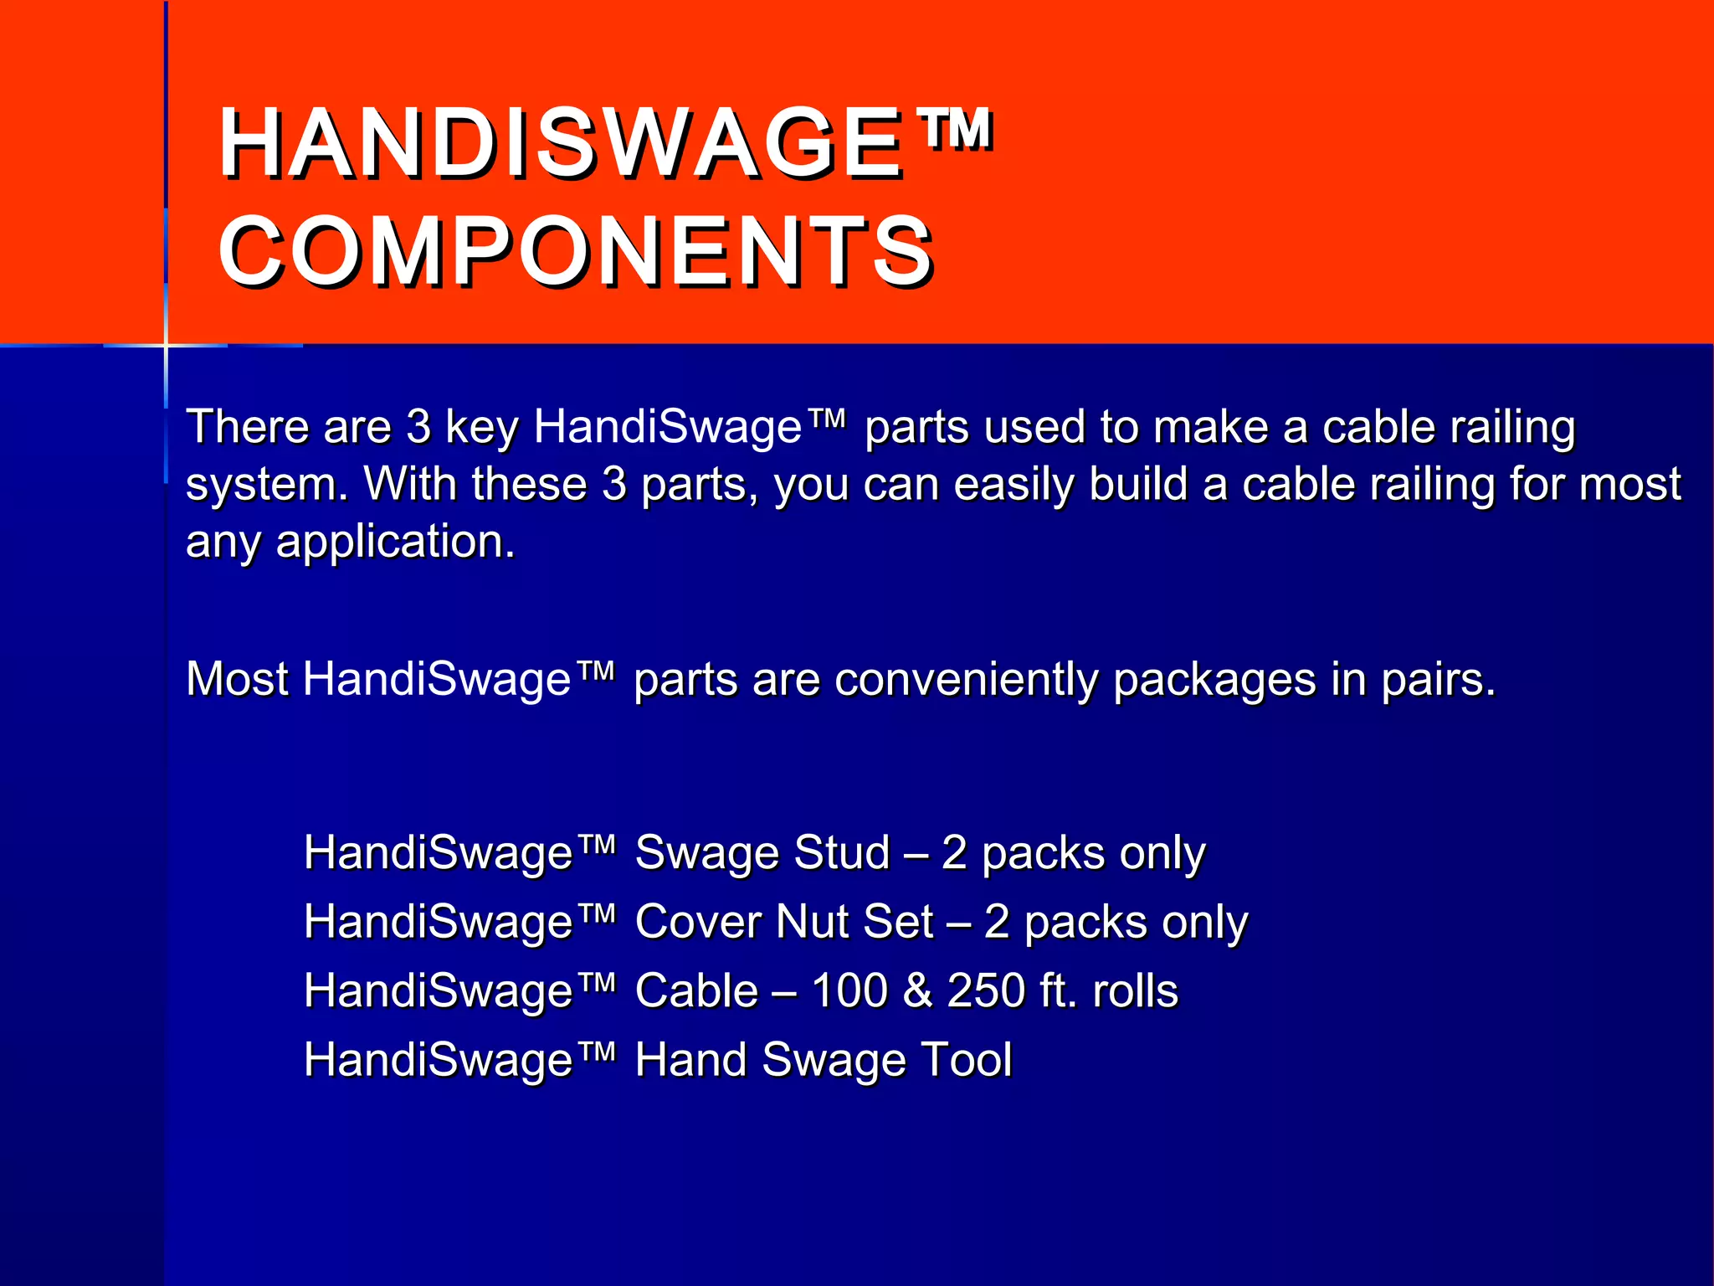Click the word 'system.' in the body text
pos(267,485)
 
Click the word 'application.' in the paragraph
pos(395,542)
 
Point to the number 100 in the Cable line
pos(849,990)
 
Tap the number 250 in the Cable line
pos(986,990)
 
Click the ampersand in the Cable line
pos(917,990)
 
